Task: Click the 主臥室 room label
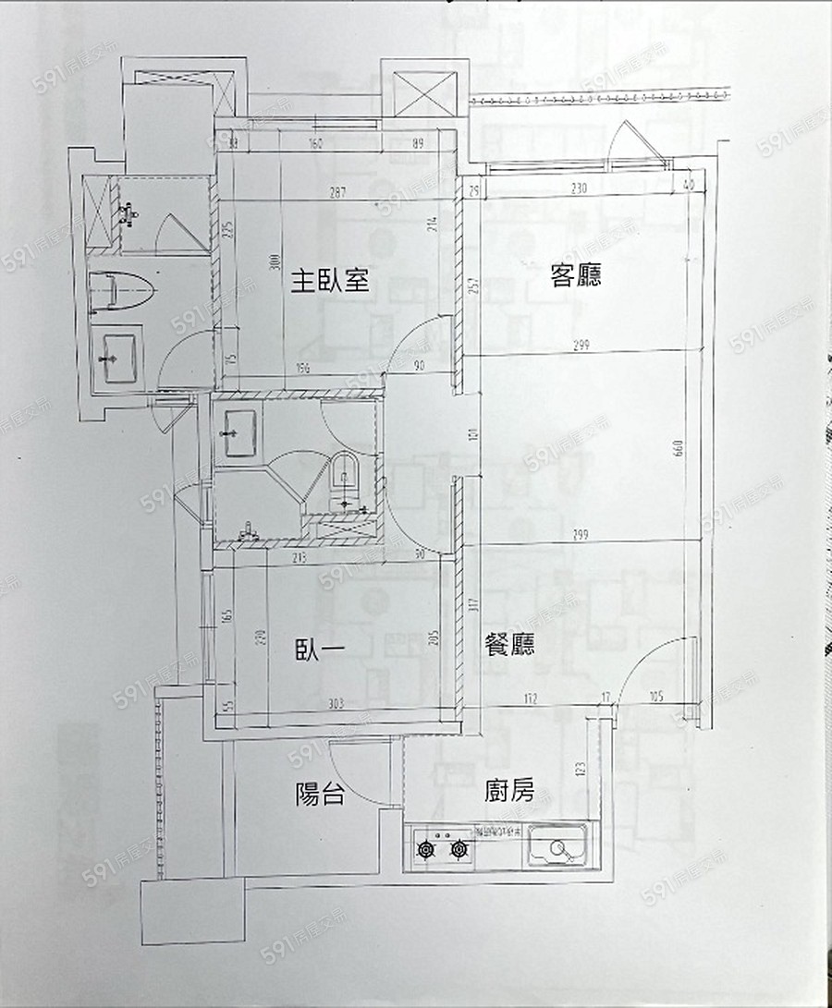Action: click(x=331, y=281)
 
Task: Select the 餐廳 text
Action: click(x=509, y=643)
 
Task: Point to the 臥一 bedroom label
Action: click(x=320, y=650)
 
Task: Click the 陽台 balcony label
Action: click(x=320, y=794)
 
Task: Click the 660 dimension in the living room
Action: click(x=680, y=447)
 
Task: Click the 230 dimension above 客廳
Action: click(x=580, y=188)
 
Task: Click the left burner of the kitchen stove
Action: click(x=428, y=848)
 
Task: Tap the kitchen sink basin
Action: click(x=556, y=848)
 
